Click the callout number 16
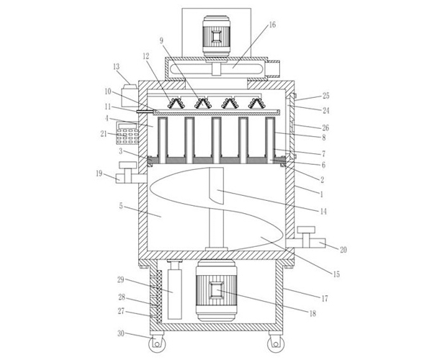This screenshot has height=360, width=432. tap(272, 25)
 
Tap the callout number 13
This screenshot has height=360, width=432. tap(116, 67)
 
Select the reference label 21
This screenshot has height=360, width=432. tap(104, 134)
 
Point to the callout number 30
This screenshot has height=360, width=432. tap(121, 333)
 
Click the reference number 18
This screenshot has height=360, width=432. tap(312, 313)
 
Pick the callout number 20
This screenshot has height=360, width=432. tap(343, 250)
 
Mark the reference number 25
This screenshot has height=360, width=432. tap(326, 96)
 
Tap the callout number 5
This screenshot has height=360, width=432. tap(121, 206)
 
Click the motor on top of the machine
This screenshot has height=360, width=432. tap(216, 36)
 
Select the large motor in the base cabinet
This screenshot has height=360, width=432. tap(216, 291)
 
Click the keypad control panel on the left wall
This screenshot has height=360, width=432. tap(127, 133)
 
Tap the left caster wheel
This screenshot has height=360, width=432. tap(156, 343)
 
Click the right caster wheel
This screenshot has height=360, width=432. tap(276, 343)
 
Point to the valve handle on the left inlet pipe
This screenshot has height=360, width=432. tap(127, 165)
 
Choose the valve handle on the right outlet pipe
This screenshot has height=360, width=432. tap(306, 230)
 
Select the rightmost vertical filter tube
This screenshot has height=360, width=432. tap(270, 140)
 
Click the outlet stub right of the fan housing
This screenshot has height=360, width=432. tap(274, 69)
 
